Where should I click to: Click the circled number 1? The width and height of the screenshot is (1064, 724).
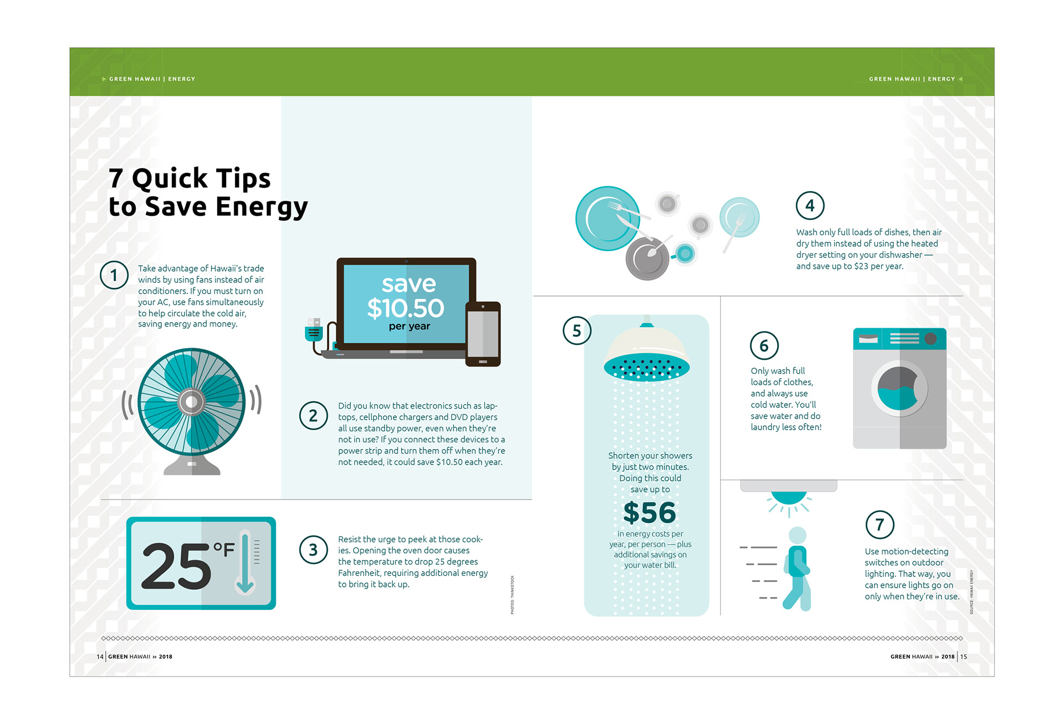114,275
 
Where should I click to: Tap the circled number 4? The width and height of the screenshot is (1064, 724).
810,206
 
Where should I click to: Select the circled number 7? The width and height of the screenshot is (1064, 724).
880,524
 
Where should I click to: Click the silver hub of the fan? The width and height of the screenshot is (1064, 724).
192,402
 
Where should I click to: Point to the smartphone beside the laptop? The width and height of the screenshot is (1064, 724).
483,334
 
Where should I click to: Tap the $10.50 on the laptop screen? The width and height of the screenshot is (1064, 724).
406,308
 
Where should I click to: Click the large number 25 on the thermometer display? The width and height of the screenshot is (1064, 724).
177,565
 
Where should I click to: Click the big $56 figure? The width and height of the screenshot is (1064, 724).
649,512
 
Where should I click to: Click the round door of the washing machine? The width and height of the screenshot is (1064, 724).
899,389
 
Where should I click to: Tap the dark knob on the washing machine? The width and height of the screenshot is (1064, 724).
930,338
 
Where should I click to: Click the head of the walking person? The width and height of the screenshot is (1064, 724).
797,536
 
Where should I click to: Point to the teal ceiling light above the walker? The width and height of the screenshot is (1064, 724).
789,497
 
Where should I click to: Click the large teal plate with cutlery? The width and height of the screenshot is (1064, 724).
608,218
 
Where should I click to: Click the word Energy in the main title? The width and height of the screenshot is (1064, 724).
262,207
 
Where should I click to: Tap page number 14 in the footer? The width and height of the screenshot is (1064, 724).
100,656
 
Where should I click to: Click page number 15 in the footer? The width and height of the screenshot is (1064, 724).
964,656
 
